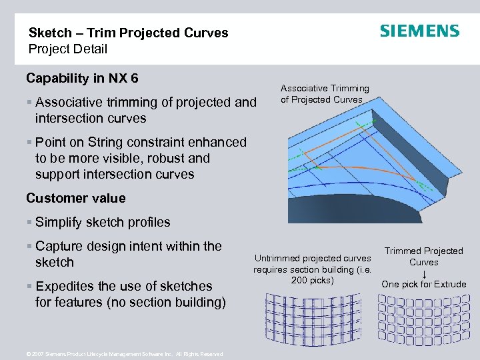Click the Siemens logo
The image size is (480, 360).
tap(419, 31)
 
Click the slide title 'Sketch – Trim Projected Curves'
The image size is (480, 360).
tap(128, 33)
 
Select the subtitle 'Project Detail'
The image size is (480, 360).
tap(67, 49)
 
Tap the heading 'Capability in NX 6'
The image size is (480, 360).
tap(82, 79)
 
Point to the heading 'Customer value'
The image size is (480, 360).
tap(75, 198)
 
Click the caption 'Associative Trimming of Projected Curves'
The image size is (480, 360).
tap(325, 94)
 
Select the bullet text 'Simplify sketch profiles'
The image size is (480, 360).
tap(103, 222)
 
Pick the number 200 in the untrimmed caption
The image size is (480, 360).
tap(299, 280)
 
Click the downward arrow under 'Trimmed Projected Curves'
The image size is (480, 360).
tap(424, 273)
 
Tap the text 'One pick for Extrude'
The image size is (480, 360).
tap(424, 285)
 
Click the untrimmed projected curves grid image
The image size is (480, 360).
tap(303, 324)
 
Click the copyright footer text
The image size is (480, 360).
tap(124, 355)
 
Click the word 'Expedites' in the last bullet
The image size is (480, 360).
tap(66, 286)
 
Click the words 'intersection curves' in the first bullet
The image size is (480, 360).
tap(91, 118)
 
